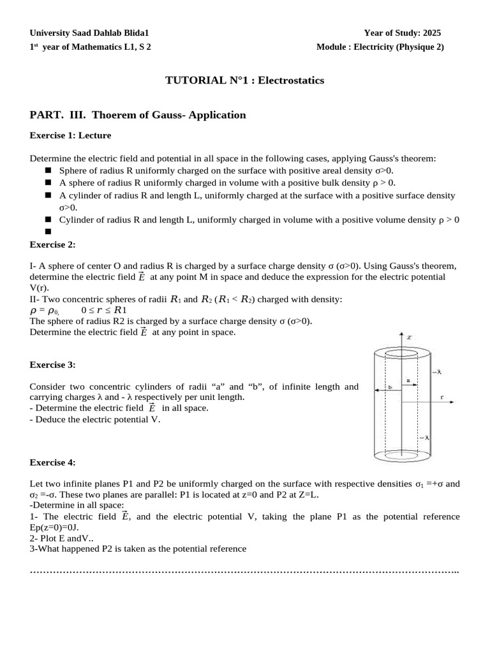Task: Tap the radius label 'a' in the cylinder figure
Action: click(408, 381)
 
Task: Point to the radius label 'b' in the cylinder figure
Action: click(389, 386)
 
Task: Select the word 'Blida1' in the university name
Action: click(137, 33)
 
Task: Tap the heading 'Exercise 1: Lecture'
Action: click(70, 135)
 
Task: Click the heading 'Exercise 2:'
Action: click(53, 244)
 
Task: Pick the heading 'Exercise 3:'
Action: click(53, 365)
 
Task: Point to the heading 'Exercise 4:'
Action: click(53, 462)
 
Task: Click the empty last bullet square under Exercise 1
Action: click(48, 232)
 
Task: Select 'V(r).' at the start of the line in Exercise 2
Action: click(40, 288)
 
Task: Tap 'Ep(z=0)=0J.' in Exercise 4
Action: click(54, 527)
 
